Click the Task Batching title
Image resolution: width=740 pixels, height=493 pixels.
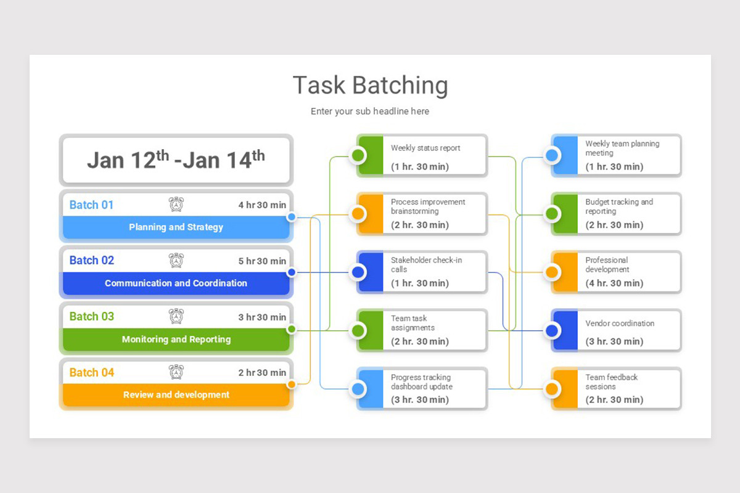[370, 85]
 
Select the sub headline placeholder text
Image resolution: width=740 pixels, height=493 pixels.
[370, 112]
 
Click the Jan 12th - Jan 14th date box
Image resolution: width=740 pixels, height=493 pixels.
[176, 160]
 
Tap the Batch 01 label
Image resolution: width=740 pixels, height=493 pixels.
[91, 205]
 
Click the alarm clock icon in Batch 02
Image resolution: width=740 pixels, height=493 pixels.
[176, 261]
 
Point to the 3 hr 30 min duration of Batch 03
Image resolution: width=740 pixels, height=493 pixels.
[262, 317]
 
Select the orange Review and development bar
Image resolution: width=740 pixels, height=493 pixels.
[176, 395]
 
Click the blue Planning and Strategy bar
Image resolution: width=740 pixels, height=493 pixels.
[176, 227]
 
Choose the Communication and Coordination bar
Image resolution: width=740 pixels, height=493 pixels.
[176, 283]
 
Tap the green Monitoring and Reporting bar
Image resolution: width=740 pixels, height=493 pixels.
[176, 340]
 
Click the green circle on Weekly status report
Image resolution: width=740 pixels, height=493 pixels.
[358, 155]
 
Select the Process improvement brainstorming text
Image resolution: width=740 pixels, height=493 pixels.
[427, 206]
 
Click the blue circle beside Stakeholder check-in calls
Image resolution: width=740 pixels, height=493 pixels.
[358, 272]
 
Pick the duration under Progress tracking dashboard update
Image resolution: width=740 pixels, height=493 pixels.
[420, 400]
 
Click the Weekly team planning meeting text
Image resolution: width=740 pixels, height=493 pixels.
[622, 148]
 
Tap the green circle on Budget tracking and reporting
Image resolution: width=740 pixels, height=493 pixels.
[552, 214]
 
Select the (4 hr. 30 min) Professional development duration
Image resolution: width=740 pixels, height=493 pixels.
[614, 283]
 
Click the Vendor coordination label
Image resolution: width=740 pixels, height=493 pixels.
[620, 324]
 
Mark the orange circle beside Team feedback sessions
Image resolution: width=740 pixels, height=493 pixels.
[552, 389]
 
